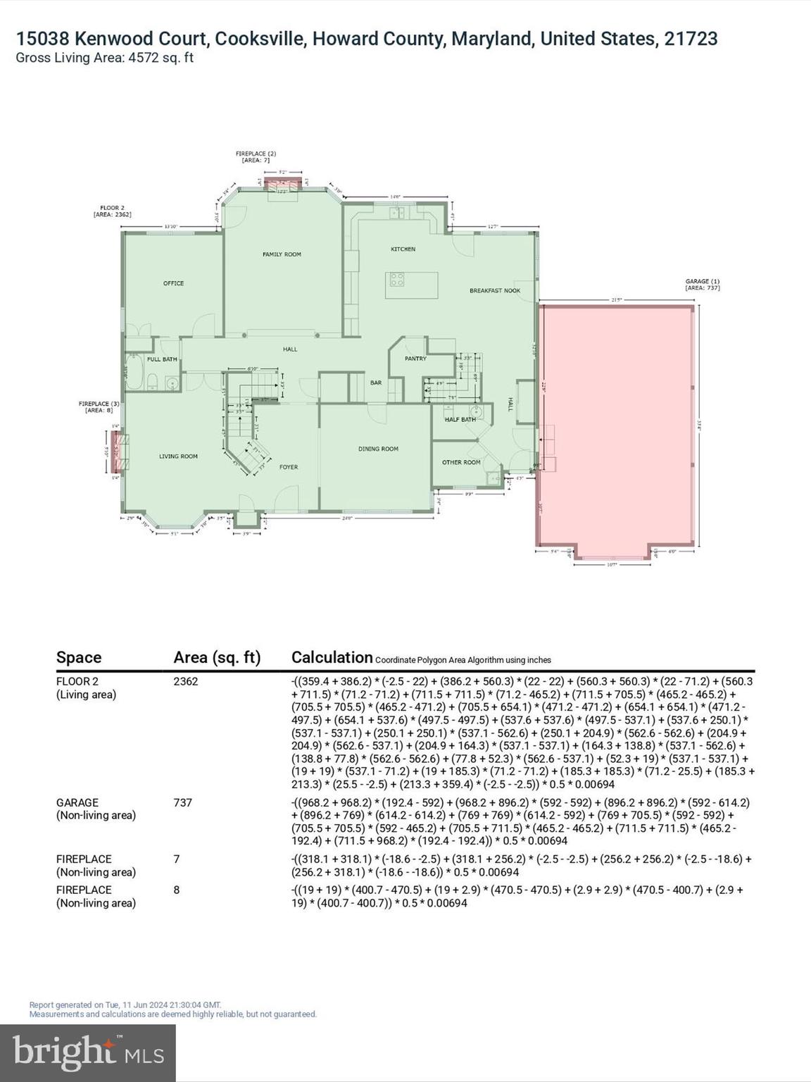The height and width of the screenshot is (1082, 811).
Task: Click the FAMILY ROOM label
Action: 282,254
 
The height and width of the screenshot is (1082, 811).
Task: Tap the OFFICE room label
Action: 173,283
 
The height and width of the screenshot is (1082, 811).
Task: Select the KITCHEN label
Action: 403,249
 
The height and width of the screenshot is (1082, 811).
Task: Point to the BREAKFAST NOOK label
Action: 495,290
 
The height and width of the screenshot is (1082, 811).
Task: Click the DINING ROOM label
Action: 378,449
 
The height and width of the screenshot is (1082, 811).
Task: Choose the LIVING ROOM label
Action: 178,456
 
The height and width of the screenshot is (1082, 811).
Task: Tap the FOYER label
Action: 288,467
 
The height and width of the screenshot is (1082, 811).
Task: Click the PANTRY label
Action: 415,359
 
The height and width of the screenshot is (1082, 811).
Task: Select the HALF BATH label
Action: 460,420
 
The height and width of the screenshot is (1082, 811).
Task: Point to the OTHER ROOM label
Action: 461,463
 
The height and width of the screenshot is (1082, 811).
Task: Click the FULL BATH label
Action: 162,359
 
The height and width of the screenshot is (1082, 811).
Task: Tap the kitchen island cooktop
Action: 397,279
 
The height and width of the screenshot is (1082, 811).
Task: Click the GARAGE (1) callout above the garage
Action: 703,285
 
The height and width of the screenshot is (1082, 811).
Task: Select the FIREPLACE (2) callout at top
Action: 256,156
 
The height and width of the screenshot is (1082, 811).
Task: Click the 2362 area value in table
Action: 186,681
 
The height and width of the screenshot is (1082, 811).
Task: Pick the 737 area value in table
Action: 182,802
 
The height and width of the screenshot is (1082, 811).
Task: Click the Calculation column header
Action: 332,657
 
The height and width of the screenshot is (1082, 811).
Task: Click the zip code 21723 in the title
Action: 691,39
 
